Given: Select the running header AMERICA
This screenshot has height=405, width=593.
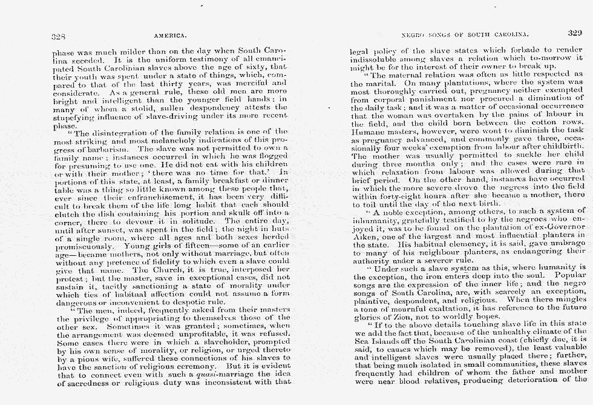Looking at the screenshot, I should [172, 36].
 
